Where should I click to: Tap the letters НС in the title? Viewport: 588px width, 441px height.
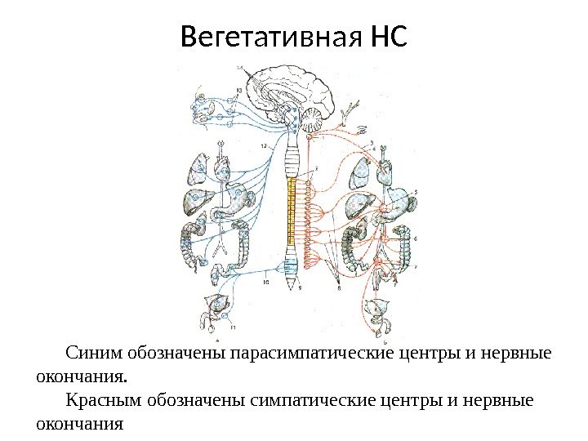387,37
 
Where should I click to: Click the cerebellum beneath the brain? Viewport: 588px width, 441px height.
313,123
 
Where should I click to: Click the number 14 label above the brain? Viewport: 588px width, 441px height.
238,66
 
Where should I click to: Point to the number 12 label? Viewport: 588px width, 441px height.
264,145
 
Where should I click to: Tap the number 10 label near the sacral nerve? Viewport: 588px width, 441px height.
266,283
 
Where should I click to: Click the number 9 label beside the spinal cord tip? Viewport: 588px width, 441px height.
301,287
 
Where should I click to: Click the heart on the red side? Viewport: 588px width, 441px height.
383,170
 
